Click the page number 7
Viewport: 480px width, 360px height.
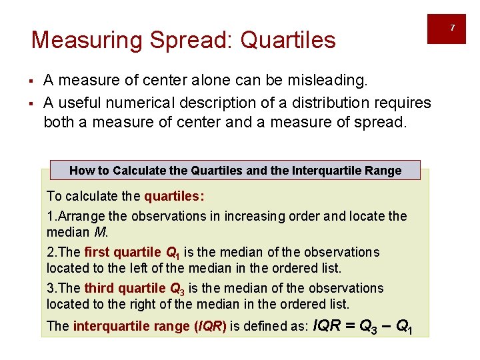tap(452, 28)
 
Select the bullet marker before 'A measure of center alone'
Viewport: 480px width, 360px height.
tap(32, 82)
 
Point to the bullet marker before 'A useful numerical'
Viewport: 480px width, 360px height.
tap(32, 103)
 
